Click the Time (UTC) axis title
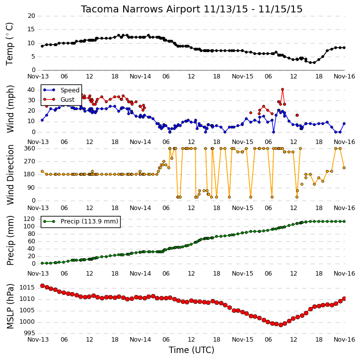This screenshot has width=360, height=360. (192, 350)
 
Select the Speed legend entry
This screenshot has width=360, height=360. (61, 90)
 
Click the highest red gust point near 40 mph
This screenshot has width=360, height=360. (283, 89)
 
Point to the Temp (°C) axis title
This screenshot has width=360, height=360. (9, 44)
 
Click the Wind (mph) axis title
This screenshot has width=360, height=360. (10, 109)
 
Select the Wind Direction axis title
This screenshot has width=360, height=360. (10, 175)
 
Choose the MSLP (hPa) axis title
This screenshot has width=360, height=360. (10, 306)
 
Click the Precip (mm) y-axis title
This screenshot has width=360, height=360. (10, 241)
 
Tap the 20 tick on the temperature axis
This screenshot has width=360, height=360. (31, 16)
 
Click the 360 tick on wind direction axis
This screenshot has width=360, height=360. (30, 148)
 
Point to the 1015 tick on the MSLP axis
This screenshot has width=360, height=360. (27, 288)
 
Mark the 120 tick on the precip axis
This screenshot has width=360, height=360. (30, 219)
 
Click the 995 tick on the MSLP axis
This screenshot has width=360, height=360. (29, 333)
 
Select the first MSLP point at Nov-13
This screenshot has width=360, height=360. (43, 286)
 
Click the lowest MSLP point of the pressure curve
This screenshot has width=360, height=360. (281, 325)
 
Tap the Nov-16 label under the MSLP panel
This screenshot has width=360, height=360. (345, 339)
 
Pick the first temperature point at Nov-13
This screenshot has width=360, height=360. (42, 46)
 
